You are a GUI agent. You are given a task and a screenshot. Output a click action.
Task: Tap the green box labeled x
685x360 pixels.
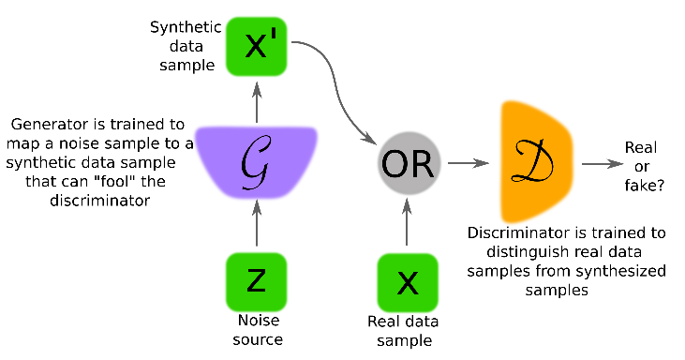(408, 282)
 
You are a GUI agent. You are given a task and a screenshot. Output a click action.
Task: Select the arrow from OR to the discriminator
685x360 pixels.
(469, 163)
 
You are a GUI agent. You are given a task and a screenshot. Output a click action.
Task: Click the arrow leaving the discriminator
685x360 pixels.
(601, 163)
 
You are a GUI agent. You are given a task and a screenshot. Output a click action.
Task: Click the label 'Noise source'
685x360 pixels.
(256, 330)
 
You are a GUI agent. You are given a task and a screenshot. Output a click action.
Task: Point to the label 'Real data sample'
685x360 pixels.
(408, 330)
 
